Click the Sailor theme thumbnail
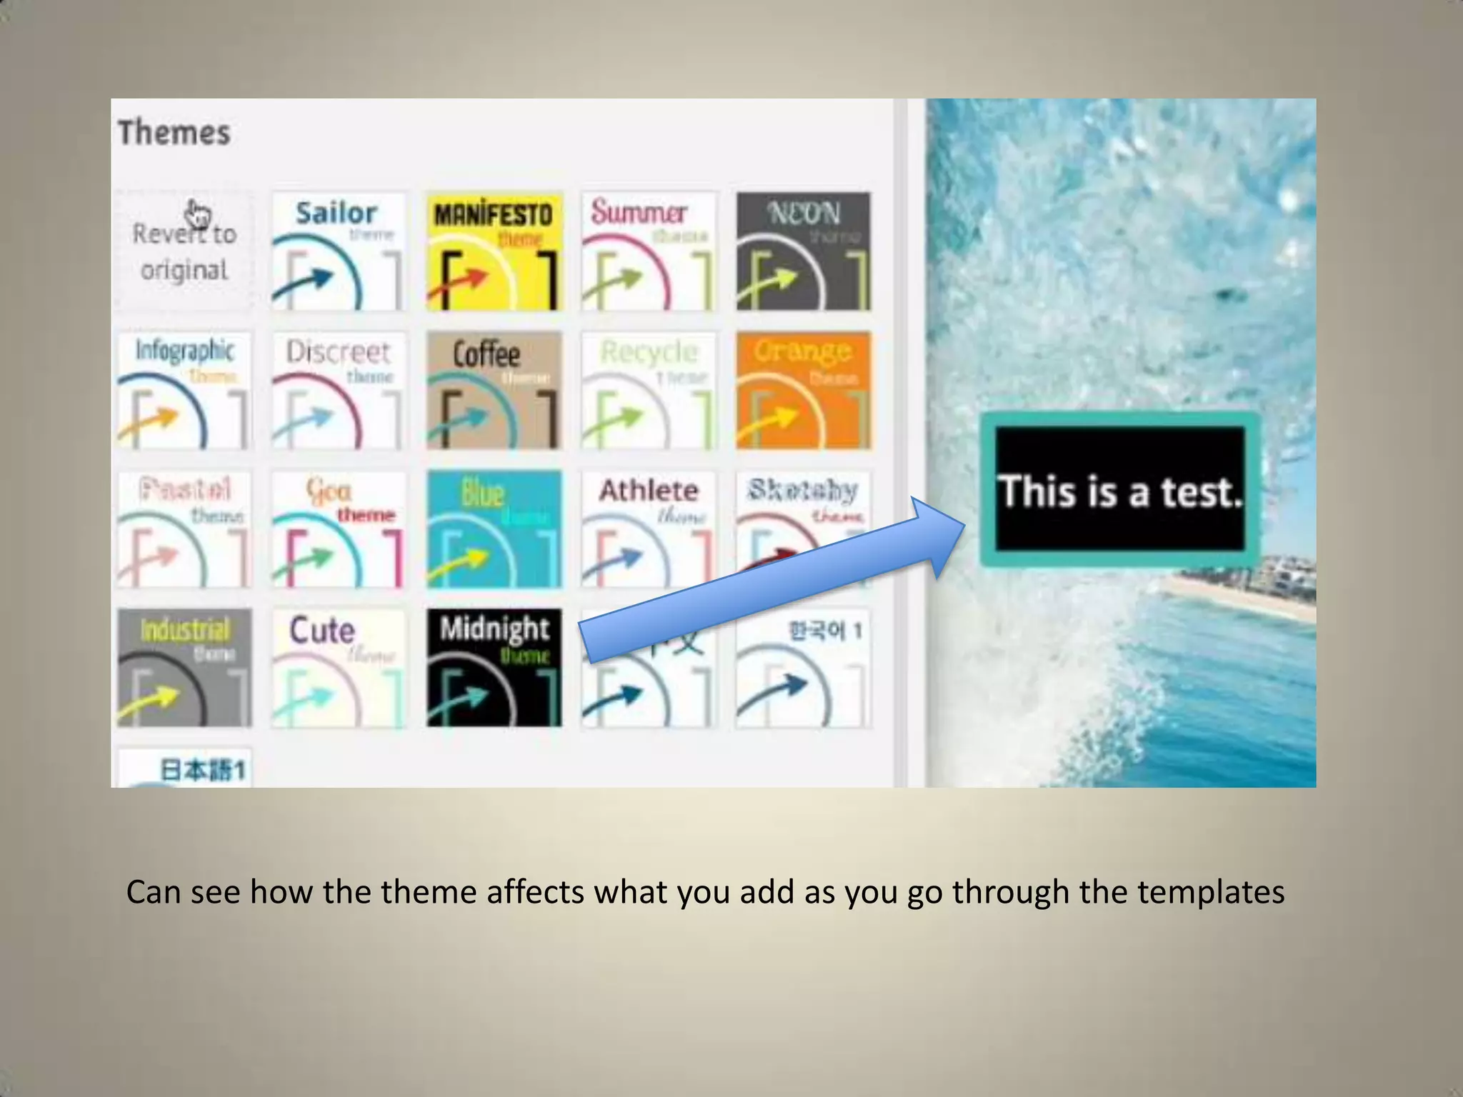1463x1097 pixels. point(338,251)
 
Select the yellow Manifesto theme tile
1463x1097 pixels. point(494,251)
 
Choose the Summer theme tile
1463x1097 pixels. point(649,251)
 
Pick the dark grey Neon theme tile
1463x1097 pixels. point(804,251)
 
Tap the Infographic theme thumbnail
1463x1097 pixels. point(184,390)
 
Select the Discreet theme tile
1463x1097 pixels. point(338,390)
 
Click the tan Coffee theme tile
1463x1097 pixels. point(494,390)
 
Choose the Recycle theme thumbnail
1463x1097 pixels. point(649,390)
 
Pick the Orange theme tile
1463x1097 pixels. point(804,390)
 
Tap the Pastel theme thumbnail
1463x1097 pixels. point(184,529)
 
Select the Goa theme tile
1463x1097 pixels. point(338,529)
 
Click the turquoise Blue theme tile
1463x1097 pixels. point(494,529)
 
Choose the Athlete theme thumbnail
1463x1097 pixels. point(649,529)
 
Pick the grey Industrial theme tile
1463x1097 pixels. point(184,668)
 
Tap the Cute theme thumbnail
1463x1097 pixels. point(338,668)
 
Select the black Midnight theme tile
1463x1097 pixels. point(494,668)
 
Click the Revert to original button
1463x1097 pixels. point(184,251)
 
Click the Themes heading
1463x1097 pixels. point(174,133)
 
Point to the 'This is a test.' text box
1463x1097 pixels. point(1119,490)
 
